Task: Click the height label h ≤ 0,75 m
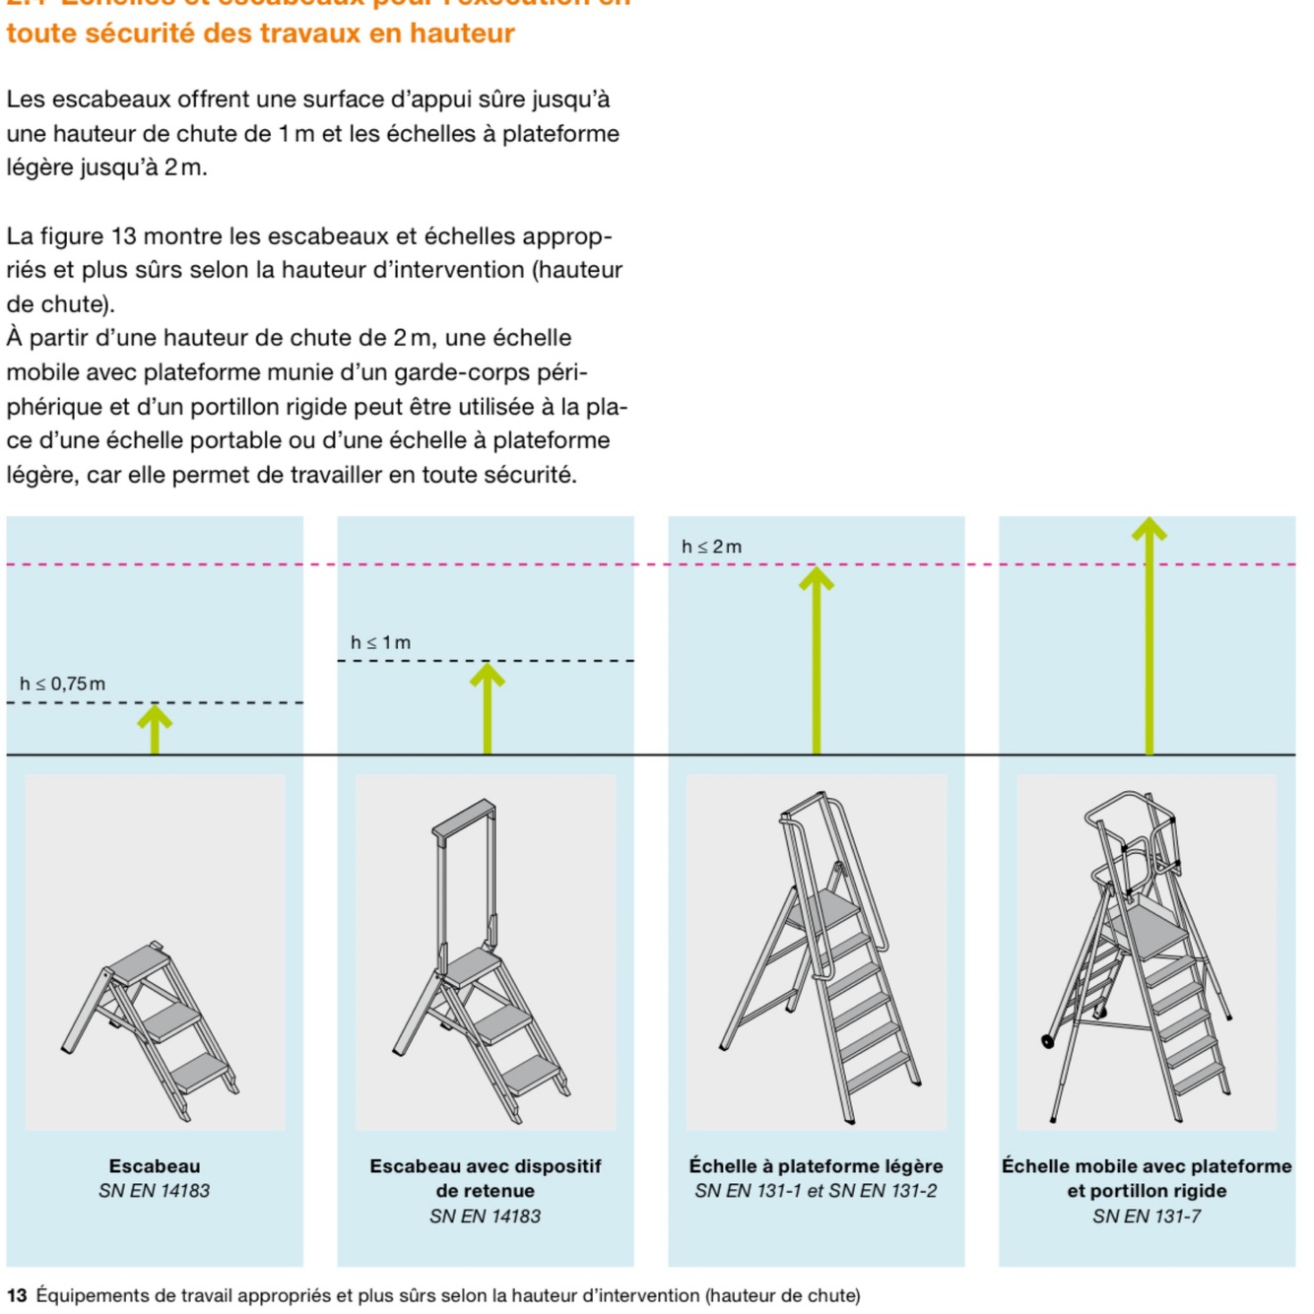click(62, 684)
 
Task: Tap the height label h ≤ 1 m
click(380, 642)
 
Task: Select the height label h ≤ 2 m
click(711, 547)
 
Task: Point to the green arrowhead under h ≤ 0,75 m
click(155, 716)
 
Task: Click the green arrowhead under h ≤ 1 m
click(487, 675)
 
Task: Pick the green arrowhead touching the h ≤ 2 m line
click(816, 578)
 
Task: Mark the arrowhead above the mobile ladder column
click(1149, 529)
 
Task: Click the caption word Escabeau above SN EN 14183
click(155, 1166)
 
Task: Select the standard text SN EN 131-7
click(1147, 1216)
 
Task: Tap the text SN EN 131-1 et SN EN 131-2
click(816, 1191)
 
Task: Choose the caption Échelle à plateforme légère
click(816, 1166)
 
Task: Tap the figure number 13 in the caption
click(17, 1295)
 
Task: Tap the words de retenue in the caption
click(485, 1191)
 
